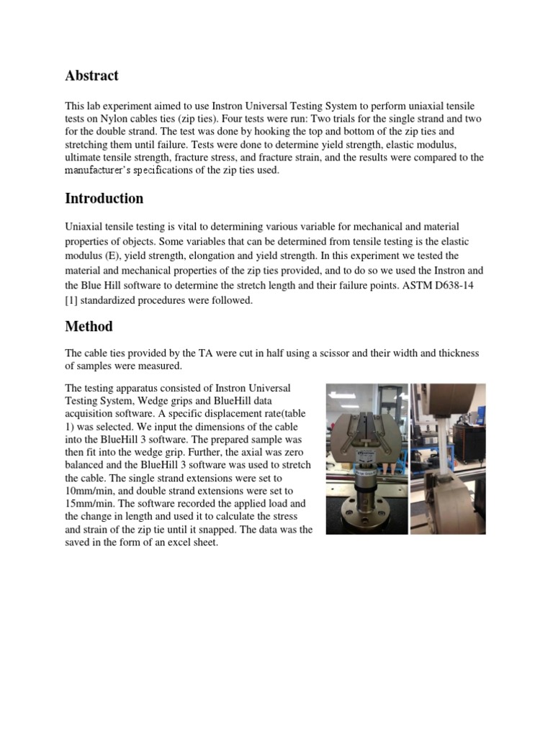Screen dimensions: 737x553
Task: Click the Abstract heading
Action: tap(91, 76)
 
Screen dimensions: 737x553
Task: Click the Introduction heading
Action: tap(104, 198)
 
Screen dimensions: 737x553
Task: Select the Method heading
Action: tap(89, 326)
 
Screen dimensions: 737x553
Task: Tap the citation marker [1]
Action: tap(71, 300)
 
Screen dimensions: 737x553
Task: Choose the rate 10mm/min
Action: tap(90, 492)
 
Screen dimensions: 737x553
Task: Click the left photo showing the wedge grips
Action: tap(367, 458)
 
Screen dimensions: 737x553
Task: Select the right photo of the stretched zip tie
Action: tap(448, 458)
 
